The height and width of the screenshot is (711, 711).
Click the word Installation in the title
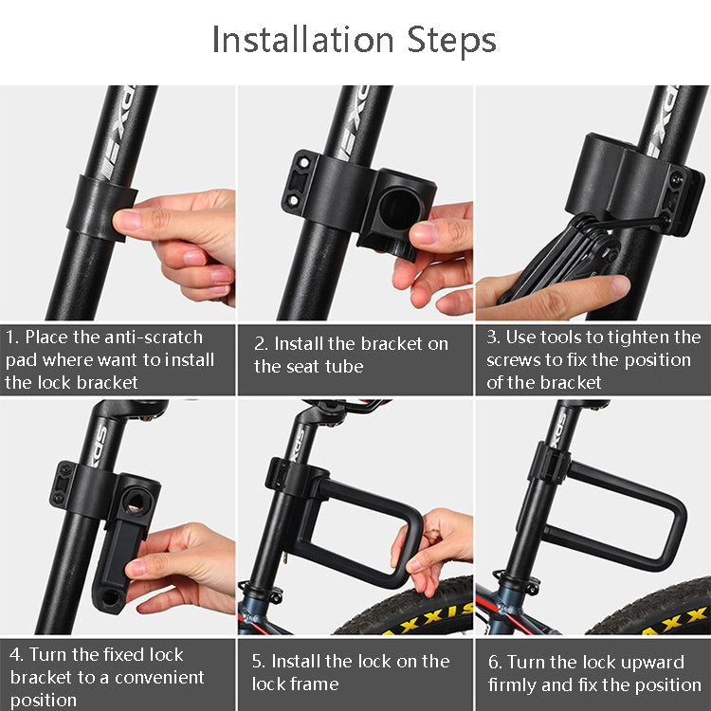[301, 41]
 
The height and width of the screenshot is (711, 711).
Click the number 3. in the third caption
[493, 337]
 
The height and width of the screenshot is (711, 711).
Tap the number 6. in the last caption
[495, 662]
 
